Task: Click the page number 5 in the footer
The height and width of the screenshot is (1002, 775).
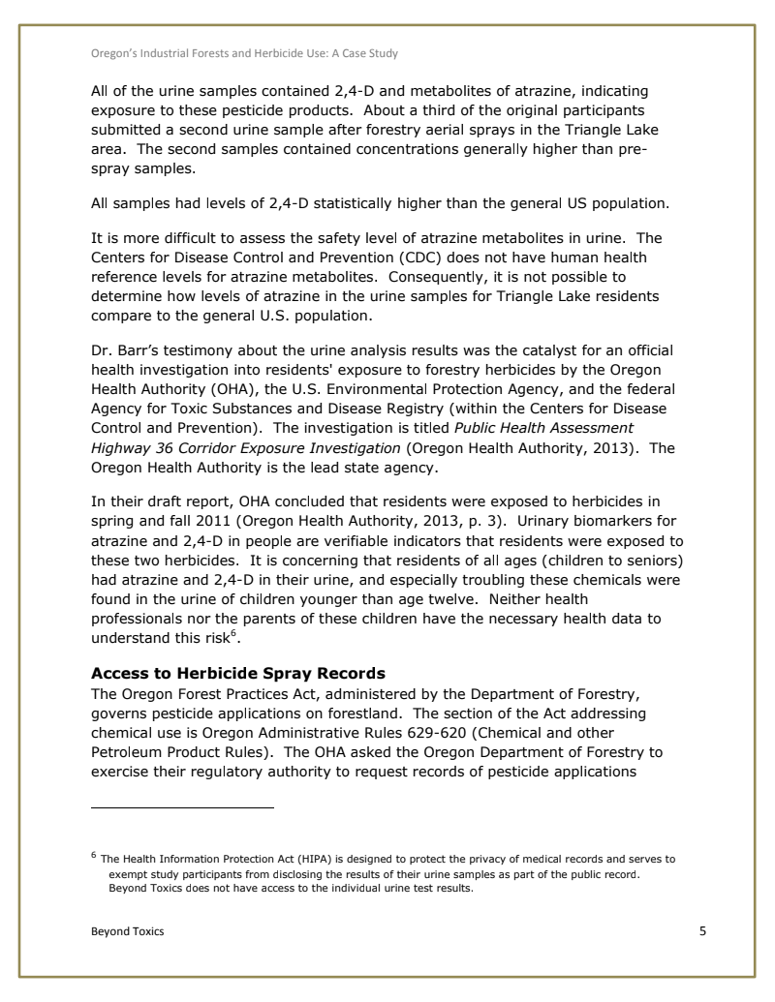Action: pyautogui.click(x=703, y=931)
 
